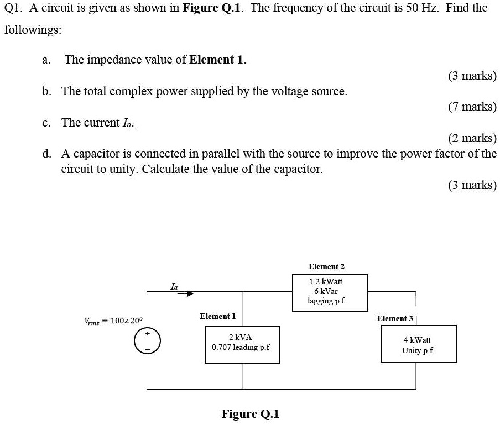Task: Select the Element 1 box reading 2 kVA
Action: pyautogui.click(x=242, y=344)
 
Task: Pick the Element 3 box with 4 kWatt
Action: pyautogui.click(x=419, y=344)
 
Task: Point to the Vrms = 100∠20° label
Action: pyautogui.click(x=113, y=321)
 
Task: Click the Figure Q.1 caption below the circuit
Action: pyautogui.click(x=250, y=414)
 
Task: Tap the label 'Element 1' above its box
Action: pyautogui.click(x=217, y=316)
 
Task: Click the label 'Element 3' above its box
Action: pyautogui.click(x=395, y=318)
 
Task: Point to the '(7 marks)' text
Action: pyautogui.click(x=472, y=107)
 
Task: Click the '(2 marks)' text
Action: pyautogui.click(x=472, y=138)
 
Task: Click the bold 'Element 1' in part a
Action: pyautogui.click(x=217, y=60)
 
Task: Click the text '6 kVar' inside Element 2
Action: pyautogui.click(x=326, y=291)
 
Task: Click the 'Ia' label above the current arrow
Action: pyautogui.click(x=174, y=286)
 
